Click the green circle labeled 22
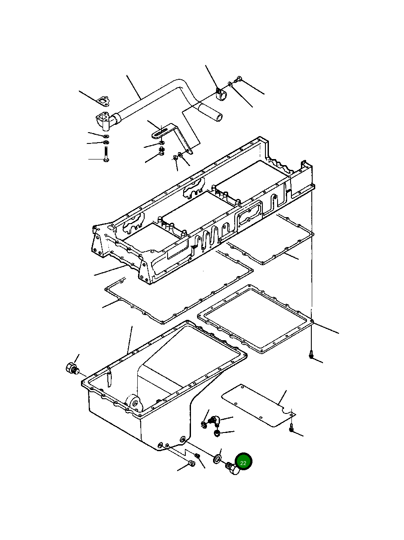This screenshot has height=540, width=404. (243, 462)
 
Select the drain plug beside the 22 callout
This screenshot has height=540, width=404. (233, 468)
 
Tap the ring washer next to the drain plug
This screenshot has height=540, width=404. (217, 458)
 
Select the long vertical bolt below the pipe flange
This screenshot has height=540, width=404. (105, 154)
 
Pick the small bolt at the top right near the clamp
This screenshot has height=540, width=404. (239, 79)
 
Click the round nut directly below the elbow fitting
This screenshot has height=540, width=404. (217, 433)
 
